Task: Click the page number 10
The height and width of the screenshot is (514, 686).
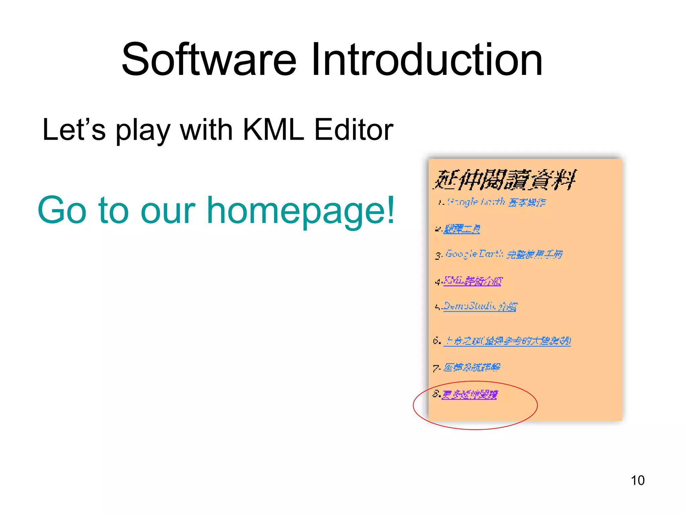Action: (637, 481)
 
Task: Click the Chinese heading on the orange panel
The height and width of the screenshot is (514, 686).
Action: (504, 180)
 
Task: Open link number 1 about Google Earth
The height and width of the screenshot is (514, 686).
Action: (496, 202)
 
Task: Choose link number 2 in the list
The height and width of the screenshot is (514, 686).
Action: (462, 229)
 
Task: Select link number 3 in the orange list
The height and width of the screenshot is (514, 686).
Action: (504, 254)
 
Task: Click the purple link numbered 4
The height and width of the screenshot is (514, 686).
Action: (473, 281)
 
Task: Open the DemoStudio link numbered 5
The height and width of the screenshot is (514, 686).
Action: (480, 306)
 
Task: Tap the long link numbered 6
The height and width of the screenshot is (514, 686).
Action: (507, 341)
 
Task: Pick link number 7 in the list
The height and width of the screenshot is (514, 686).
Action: (472, 367)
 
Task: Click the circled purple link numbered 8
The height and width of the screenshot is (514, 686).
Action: (469, 395)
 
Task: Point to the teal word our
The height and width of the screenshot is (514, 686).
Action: (168, 211)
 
